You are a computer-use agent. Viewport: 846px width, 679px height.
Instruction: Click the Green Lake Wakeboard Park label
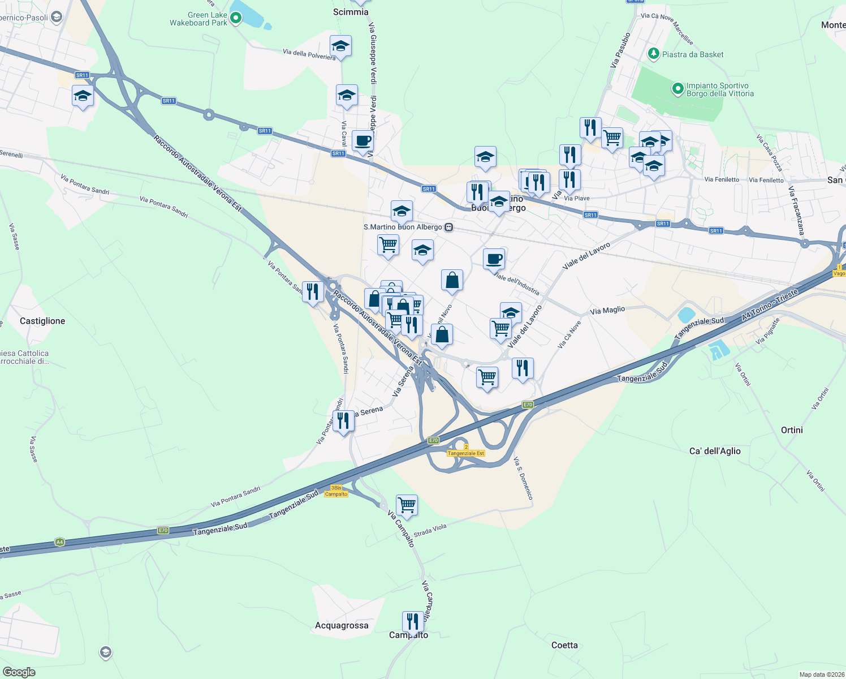coord(198,19)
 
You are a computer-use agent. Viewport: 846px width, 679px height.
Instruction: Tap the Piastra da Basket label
coord(692,54)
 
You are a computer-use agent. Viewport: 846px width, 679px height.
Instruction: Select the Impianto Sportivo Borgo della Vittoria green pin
coord(677,89)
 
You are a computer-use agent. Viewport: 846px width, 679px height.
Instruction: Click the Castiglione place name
coord(42,321)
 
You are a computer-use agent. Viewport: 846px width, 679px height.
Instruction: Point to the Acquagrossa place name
coord(342,625)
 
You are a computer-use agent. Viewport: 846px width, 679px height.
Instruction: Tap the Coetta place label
coord(564,645)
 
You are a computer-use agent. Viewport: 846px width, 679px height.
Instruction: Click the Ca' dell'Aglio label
coord(715,451)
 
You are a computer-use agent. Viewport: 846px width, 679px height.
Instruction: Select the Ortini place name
coord(792,430)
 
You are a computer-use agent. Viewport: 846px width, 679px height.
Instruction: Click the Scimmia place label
coord(351,12)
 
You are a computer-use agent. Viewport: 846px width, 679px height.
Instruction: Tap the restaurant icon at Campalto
coord(413,622)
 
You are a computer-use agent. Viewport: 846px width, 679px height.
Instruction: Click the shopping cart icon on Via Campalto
coord(407,504)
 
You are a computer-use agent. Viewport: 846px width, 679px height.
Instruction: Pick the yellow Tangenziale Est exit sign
coord(466,450)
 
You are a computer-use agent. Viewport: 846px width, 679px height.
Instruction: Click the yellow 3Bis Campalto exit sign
coord(336,491)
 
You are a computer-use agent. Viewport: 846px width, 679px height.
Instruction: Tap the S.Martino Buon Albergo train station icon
coord(448,227)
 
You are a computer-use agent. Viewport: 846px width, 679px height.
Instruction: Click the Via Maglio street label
coord(607,310)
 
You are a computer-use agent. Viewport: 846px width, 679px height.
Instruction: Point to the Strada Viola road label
coord(430,530)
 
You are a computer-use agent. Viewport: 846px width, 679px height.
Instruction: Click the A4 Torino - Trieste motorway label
coord(770,306)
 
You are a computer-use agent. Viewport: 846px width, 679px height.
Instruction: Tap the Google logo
coord(19,672)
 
